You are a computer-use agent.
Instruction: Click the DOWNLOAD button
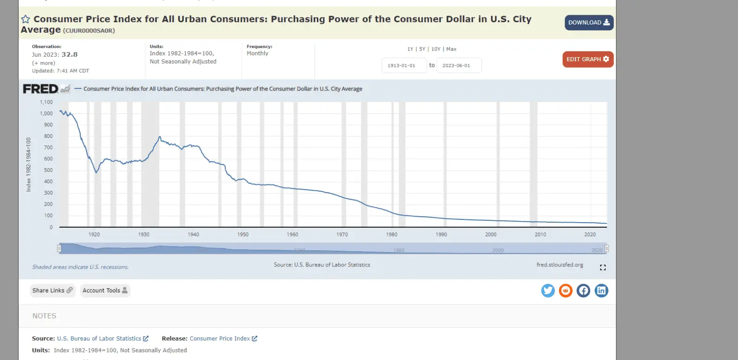(x=589, y=23)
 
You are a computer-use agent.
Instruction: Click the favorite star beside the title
(x=26, y=19)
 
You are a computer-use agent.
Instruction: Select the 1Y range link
(x=410, y=49)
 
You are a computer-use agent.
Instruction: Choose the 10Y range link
(x=435, y=49)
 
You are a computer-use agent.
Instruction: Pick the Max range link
(x=451, y=49)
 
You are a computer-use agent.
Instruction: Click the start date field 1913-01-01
(x=404, y=65)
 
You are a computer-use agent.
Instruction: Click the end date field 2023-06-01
(x=458, y=65)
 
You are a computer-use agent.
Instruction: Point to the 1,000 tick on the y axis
(x=46, y=113)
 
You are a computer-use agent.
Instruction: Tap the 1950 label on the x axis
(x=243, y=235)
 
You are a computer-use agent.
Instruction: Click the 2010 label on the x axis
(x=540, y=235)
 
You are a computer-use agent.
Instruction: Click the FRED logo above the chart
(x=41, y=89)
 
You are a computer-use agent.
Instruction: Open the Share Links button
(x=52, y=290)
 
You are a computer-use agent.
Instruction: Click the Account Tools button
(x=105, y=290)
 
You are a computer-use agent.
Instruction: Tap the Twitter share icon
(x=548, y=290)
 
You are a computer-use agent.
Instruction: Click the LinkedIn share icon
(x=601, y=290)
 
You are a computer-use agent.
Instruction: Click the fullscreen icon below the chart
(x=602, y=267)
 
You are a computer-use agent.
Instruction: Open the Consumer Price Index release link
(x=220, y=338)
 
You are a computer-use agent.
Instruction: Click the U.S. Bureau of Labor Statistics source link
(x=99, y=338)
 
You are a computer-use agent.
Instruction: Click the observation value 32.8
(x=70, y=54)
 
